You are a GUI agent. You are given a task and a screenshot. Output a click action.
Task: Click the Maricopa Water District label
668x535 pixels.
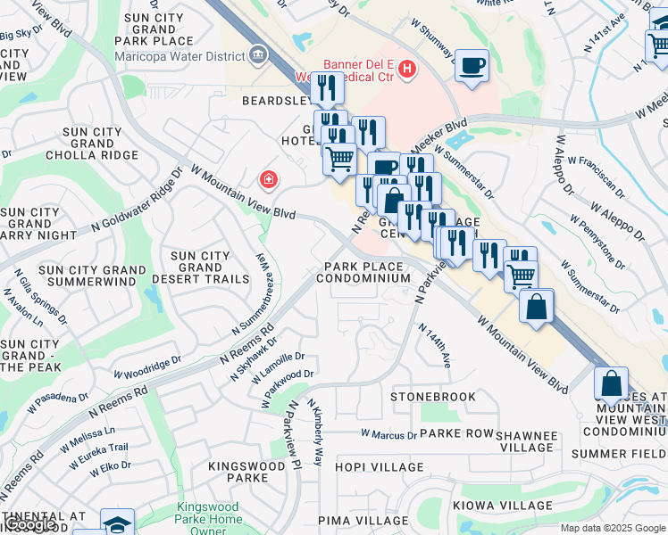(180, 57)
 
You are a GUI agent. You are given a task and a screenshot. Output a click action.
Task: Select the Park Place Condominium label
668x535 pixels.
(367, 272)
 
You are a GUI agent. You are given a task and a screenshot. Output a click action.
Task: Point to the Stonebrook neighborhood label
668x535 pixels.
(433, 395)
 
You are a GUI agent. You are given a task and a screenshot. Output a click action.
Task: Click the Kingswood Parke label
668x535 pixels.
(238, 472)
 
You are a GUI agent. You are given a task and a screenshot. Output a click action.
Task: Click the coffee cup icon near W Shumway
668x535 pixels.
(472, 65)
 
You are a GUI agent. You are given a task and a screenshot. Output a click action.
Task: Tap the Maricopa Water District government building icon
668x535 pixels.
(259, 56)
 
